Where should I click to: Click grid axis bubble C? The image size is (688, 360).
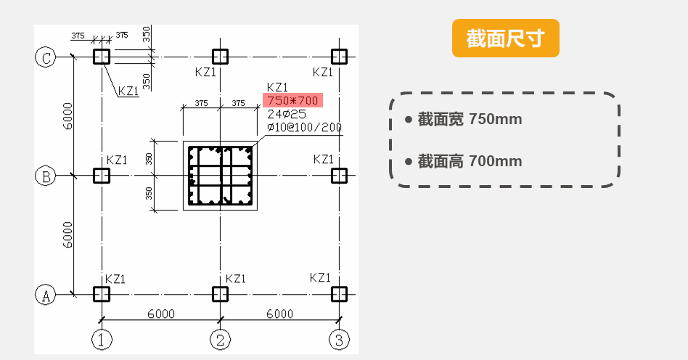pos(46,58)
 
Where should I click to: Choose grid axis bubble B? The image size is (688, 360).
pos(46,176)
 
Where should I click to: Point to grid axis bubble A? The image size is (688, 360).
pos(46,294)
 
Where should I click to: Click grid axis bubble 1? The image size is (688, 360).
pos(102,338)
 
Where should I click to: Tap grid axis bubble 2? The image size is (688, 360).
pos(220,338)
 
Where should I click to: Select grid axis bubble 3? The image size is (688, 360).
pos(338,338)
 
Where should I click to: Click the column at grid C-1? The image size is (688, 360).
pos(102,57)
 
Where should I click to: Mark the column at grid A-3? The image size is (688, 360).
pos(338,294)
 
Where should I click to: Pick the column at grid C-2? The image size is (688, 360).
pos(220,57)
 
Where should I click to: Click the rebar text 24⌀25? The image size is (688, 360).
pos(287,114)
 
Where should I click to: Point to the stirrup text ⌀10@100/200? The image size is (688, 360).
pos(304,127)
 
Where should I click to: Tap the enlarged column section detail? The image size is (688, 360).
pos(220,176)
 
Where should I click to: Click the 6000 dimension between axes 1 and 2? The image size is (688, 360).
pos(160,314)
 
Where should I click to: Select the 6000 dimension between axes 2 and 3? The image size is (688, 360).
pos(279,314)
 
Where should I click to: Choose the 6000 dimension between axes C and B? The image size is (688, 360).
pos(67,116)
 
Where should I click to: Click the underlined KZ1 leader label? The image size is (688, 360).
pos(128,91)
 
